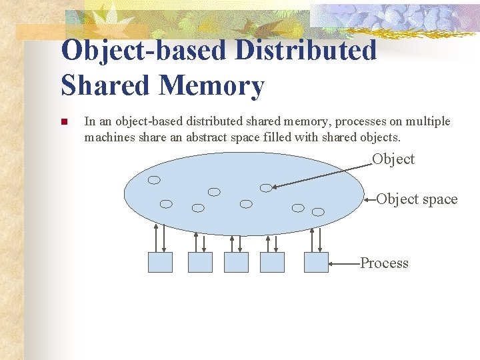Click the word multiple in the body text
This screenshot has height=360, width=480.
click(x=427, y=121)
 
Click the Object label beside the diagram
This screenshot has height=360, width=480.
click(x=393, y=159)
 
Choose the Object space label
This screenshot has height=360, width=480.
click(x=417, y=199)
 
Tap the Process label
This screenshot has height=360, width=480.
click(x=384, y=263)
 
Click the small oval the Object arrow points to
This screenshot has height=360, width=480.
click(x=266, y=188)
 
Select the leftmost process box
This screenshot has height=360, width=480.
click(x=159, y=262)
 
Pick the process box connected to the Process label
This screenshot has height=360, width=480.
click(x=316, y=262)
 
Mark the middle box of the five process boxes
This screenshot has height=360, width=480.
click(x=236, y=262)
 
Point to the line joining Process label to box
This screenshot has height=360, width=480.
click(x=344, y=263)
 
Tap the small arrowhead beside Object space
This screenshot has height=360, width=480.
click(x=367, y=198)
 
